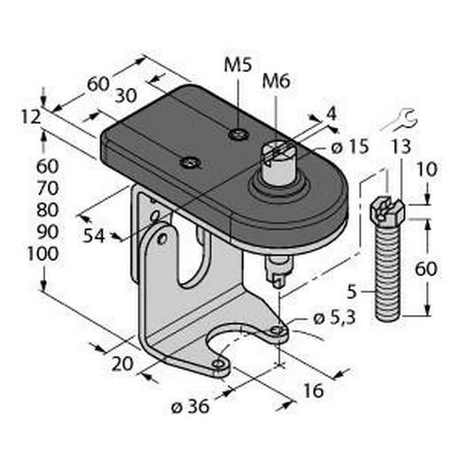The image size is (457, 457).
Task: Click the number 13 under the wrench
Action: (401, 147)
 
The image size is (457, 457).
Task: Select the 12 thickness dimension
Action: (29, 115)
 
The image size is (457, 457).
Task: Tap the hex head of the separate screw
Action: (388, 210)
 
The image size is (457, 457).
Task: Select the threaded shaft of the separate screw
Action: (389, 271)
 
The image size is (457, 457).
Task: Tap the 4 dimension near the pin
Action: (331, 114)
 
